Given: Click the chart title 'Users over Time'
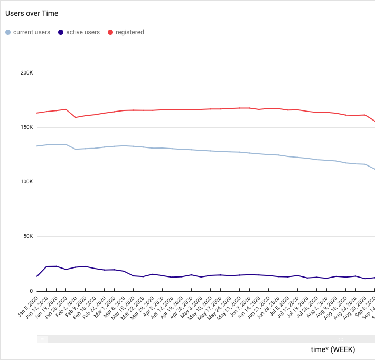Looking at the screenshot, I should [x=32, y=13].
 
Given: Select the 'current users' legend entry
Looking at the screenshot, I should [x=31, y=32].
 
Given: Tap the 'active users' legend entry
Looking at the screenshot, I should [x=82, y=32].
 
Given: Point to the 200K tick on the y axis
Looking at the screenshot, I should [x=27, y=73].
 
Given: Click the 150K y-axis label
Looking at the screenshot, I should [x=27, y=127].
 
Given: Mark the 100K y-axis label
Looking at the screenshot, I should [x=27, y=182].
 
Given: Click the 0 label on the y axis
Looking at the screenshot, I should [x=31, y=291].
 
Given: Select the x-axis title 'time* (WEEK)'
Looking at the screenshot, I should [x=333, y=349].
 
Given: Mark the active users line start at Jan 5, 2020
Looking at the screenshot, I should [x=37, y=276].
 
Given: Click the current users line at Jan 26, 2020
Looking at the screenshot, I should [x=66, y=144].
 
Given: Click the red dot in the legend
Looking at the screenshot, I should [x=110, y=32].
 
